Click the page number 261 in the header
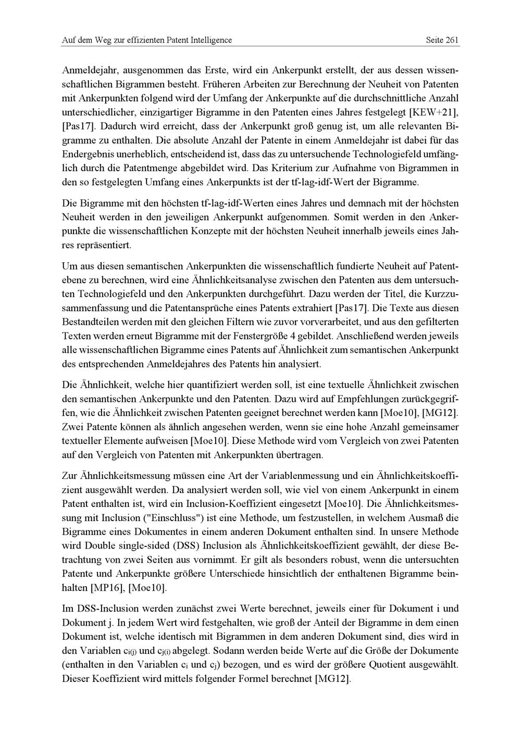[452, 40]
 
